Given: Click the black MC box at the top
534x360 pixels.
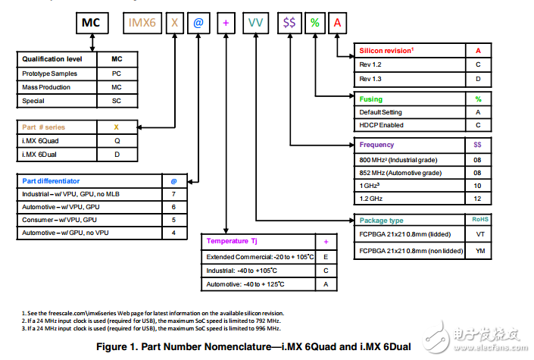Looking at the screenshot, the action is pos(92,23).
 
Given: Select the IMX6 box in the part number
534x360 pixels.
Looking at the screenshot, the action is pos(142,23).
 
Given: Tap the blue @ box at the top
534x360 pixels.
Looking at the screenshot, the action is pos(198,23).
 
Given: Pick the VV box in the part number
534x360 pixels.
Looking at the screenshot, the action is pos(255,23).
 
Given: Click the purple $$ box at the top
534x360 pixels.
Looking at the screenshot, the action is pos(289,23).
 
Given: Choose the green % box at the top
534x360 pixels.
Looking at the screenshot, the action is pos(315,23).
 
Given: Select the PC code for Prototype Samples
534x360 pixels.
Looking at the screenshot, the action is pos(117,74).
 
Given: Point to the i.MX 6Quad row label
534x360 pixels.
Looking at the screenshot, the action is pos(40,141).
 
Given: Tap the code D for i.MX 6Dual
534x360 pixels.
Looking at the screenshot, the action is pos(117,155).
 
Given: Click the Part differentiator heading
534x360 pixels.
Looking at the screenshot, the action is pos(51,181).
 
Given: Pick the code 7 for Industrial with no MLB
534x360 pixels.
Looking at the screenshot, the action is pos(173,194).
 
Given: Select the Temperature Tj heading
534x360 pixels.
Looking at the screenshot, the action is pos(232,241).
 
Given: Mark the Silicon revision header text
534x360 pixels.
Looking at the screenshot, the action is pos(386,51).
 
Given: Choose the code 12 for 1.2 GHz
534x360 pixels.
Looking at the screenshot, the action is pos(477,199).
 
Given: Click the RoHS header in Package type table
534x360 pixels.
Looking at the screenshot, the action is pos(480,219).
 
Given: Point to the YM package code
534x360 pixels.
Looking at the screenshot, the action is pos(480,251).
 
